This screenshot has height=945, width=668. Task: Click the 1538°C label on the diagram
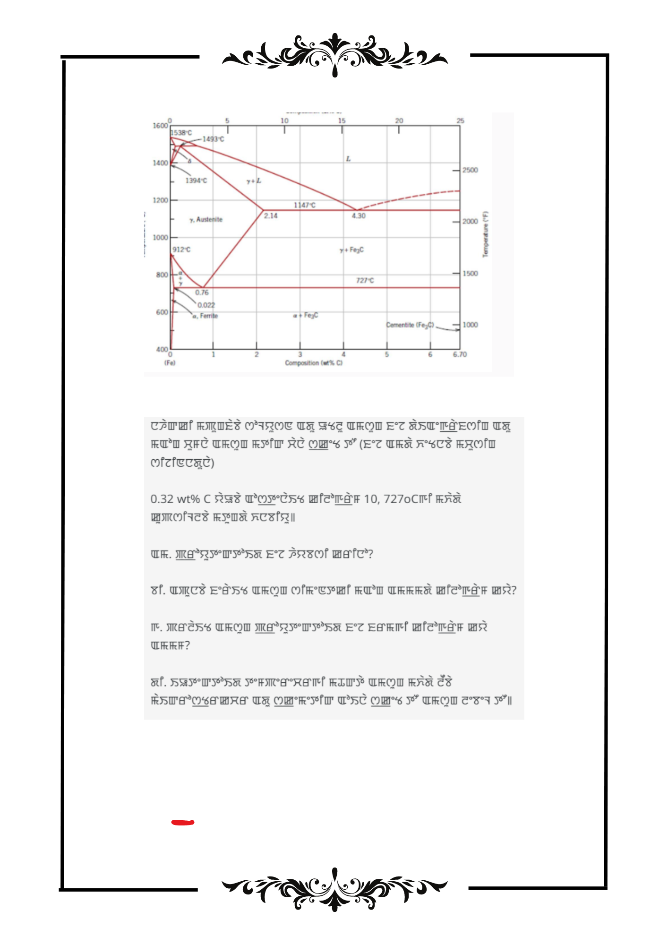click(181, 133)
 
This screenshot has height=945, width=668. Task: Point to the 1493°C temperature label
click(213, 139)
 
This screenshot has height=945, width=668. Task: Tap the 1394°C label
click(196, 180)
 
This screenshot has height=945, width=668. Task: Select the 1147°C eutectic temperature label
click(305, 205)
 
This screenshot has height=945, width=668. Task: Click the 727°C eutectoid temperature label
click(365, 281)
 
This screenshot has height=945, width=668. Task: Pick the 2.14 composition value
click(271, 216)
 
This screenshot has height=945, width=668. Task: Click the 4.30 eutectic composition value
click(359, 216)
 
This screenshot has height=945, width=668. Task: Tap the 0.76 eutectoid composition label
click(202, 293)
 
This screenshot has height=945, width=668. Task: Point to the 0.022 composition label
click(206, 305)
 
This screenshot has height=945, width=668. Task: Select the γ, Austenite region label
click(206, 220)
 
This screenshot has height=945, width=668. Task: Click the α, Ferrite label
click(205, 316)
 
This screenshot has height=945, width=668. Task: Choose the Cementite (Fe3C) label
click(410, 325)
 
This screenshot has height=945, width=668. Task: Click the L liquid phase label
click(348, 159)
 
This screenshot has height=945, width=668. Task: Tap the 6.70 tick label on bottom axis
click(459, 354)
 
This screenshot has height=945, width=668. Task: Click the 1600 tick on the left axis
click(160, 126)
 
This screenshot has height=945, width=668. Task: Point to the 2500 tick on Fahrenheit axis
click(470, 170)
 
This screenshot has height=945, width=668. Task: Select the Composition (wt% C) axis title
click(313, 363)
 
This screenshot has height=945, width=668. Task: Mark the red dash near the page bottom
click(183, 823)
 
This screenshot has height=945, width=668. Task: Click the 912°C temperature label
click(181, 249)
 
